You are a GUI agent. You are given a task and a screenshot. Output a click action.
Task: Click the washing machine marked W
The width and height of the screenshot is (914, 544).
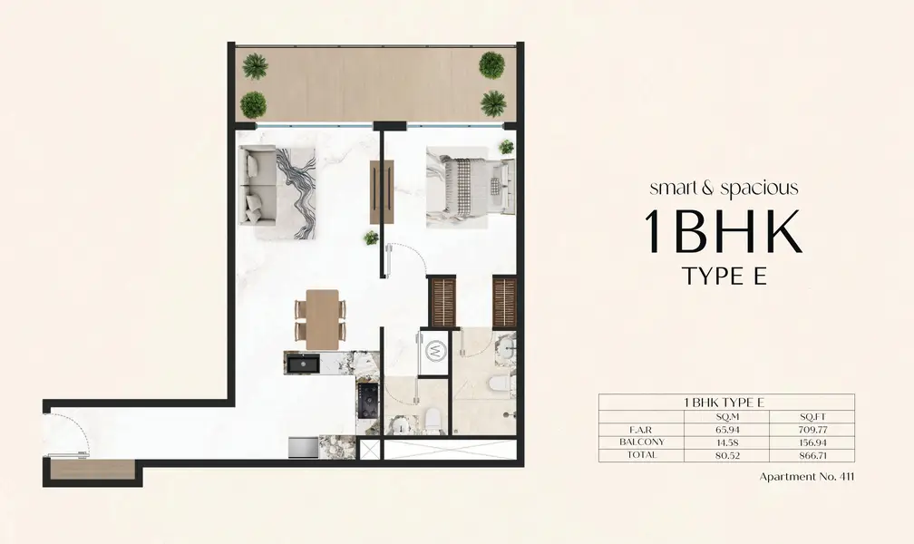coord(434,351)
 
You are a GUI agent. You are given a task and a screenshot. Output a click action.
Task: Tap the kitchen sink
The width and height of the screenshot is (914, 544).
coord(303,364)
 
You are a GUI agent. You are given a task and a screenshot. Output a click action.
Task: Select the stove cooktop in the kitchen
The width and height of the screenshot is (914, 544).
coord(368,400)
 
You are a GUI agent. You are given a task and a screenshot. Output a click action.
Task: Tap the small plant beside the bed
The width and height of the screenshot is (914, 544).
coord(507,146)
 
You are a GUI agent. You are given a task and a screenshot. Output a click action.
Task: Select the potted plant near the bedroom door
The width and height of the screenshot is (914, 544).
coord(372,238)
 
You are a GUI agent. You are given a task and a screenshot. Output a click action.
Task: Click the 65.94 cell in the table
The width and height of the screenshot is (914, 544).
coord(727,430)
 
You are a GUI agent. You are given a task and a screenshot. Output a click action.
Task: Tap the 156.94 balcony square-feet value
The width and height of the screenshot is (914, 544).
coord(813,442)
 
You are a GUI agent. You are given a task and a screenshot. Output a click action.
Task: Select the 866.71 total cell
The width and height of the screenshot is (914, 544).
coord(813,455)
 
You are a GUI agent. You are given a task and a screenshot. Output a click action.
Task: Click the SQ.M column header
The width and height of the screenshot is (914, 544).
coord(727,417)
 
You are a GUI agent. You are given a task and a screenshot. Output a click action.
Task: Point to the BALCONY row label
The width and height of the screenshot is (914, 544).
coord(641,442)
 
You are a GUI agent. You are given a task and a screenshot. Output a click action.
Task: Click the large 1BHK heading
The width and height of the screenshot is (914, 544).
coord(724,231)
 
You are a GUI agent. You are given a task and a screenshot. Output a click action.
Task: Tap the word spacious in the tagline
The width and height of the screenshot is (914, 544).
coord(760,189)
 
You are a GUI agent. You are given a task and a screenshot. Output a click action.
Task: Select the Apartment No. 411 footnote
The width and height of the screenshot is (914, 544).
coord(807,476)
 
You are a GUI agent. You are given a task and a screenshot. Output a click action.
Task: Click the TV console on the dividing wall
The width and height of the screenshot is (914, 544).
coord(382,192)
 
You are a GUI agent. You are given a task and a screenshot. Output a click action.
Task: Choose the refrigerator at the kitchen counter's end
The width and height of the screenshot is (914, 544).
coord(303,447)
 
